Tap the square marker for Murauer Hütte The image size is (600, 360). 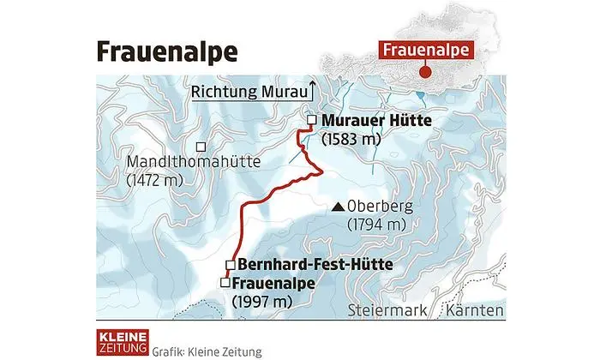(311, 120)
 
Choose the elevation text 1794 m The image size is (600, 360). (375, 225)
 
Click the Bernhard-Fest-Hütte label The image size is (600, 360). (315, 264)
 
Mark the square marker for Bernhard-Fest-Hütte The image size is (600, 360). (230, 264)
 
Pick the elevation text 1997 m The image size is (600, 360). (263, 300)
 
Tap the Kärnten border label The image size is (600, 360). (474, 309)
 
